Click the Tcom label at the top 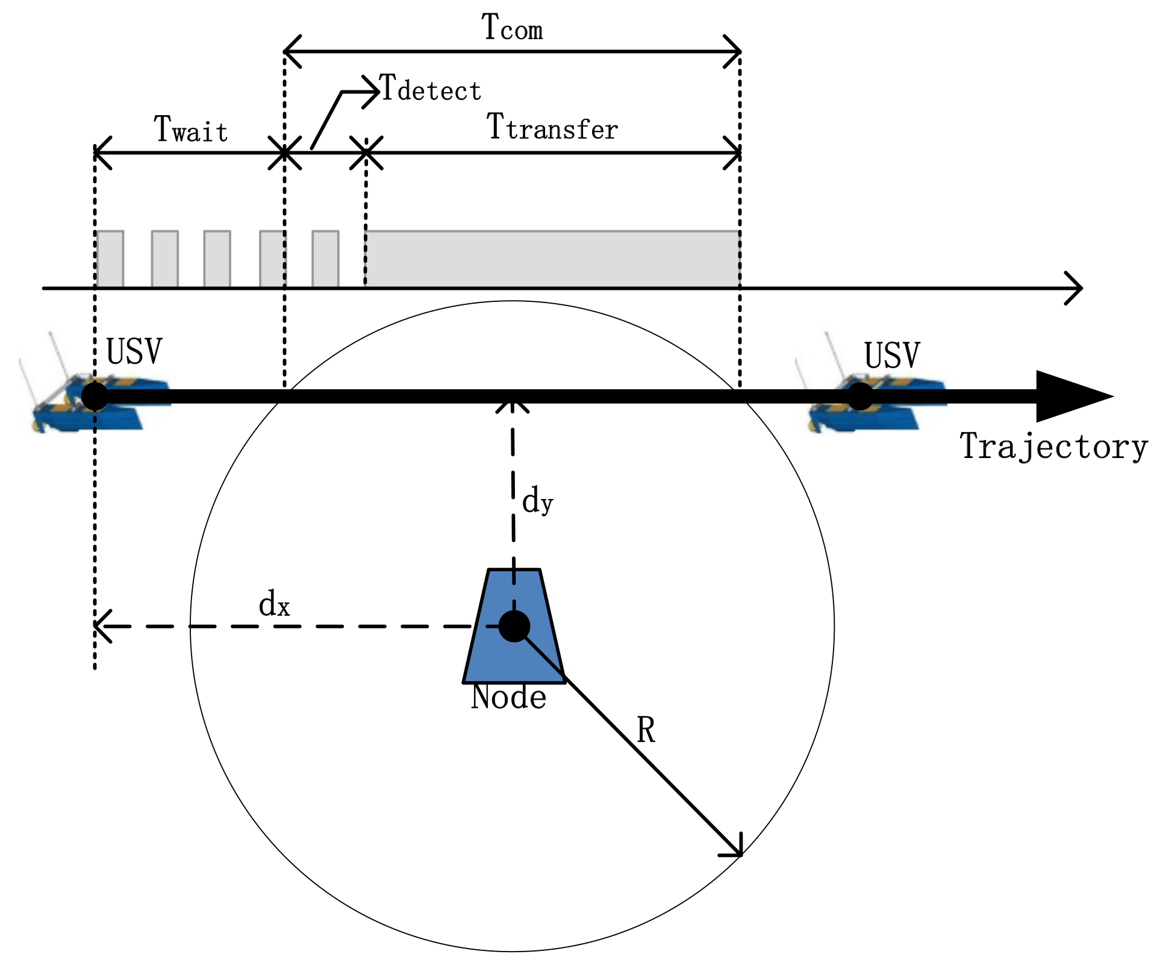point(512,28)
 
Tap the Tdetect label point(431,90)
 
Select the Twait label point(191,130)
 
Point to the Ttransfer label point(552,128)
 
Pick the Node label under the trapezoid point(508,698)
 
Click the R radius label point(646,730)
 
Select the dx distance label point(274,604)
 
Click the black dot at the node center point(514,626)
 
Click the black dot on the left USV point(95,396)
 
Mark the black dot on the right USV point(859,396)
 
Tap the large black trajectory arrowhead point(1069,396)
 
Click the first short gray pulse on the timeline point(110,259)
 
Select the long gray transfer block point(552,259)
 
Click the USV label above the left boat point(134,352)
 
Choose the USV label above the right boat point(891,356)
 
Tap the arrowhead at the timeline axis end point(1076,288)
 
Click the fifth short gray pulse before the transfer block point(325,259)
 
